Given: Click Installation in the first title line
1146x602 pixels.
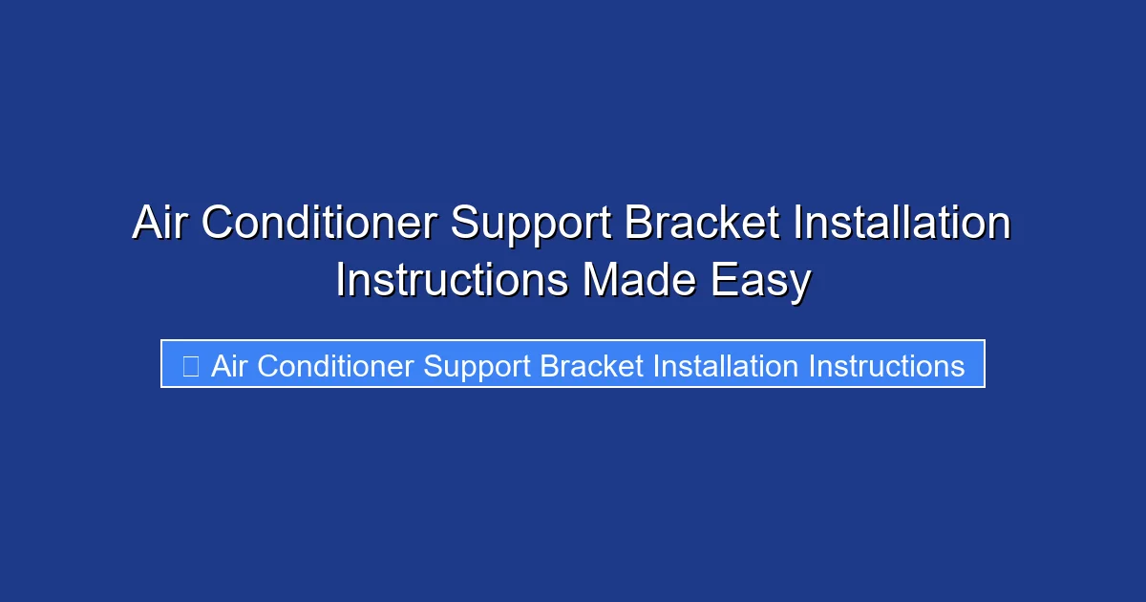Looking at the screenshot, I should pyautogui.click(x=902, y=225).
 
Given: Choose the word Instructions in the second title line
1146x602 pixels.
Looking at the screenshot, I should pyautogui.click(x=452, y=282).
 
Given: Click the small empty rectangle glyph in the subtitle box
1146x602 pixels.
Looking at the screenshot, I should pyautogui.click(x=190, y=366).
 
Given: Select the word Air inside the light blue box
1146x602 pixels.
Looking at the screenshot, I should pyautogui.click(x=229, y=366).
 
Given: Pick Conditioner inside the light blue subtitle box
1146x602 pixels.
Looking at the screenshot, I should pyautogui.click(x=335, y=366).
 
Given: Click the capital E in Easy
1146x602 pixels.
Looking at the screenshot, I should pyautogui.click(x=741, y=282).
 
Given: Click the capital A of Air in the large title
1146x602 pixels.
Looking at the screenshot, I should pyautogui.click(x=146, y=225).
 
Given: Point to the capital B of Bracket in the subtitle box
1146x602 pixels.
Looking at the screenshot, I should pyautogui.click(x=549, y=366).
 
